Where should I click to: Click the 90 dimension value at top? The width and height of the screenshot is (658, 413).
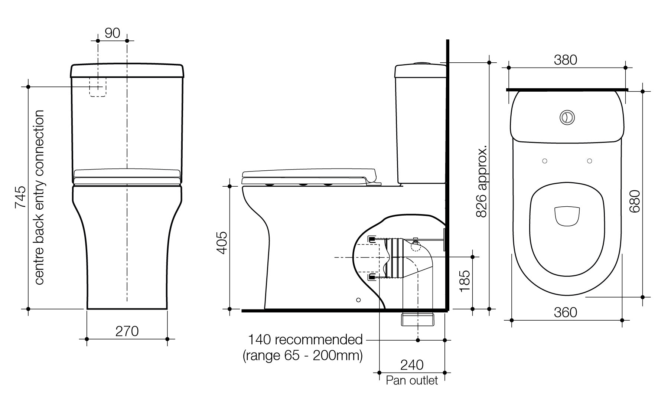pyautogui.click(x=112, y=33)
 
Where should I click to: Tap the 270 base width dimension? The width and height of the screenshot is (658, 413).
pyautogui.click(x=127, y=331)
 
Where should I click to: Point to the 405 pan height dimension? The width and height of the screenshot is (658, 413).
pyautogui.click(x=222, y=243)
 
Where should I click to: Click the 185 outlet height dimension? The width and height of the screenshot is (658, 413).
pyautogui.click(x=465, y=281)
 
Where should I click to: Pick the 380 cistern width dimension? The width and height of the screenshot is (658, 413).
pyautogui.click(x=565, y=60)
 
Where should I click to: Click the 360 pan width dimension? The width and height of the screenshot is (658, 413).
pyautogui.click(x=565, y=313)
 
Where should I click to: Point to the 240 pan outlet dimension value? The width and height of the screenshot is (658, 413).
pyautogui.click(x=411, y=365)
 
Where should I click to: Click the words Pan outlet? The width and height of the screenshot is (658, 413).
pyautogui.click(x=411, y=380)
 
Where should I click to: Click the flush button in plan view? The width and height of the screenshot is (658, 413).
pyautogui.click(x=567, y=117)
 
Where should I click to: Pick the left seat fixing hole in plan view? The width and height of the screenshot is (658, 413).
pyautogui.click(x=544, y=161)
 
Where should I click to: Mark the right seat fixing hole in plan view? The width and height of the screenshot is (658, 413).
pyautogui.click(x=589, y=161)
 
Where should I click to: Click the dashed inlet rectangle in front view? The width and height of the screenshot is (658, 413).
pyautogui.click(x=98, y=87)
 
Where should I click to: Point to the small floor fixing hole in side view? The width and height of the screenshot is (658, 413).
pyautogui.click(x=358, y=299)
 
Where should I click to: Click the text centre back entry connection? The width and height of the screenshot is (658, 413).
pyautogui.click(x=39, y=197)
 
